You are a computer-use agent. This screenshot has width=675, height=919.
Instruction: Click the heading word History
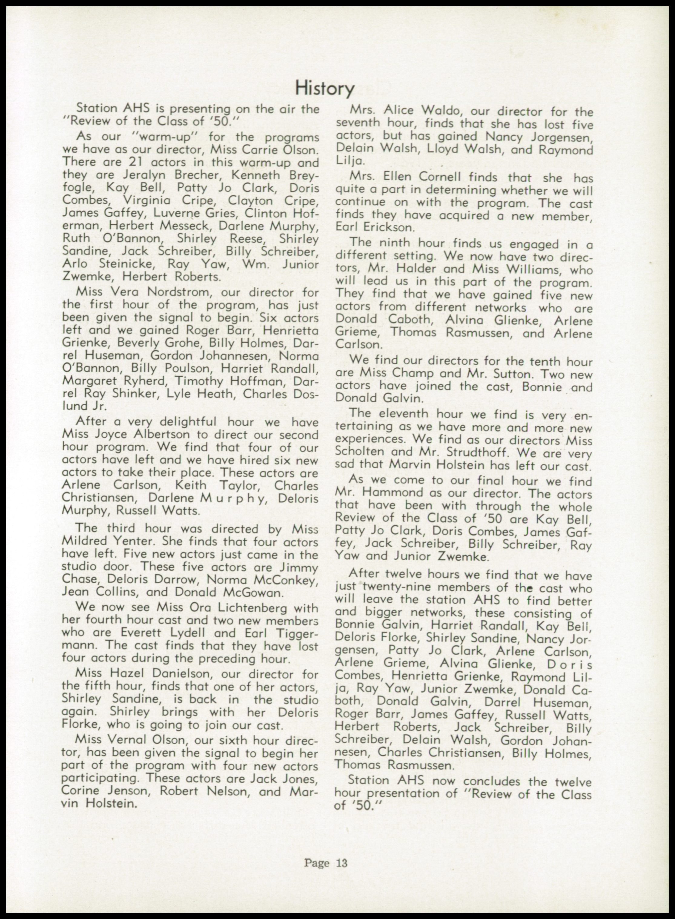click(325, 88)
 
